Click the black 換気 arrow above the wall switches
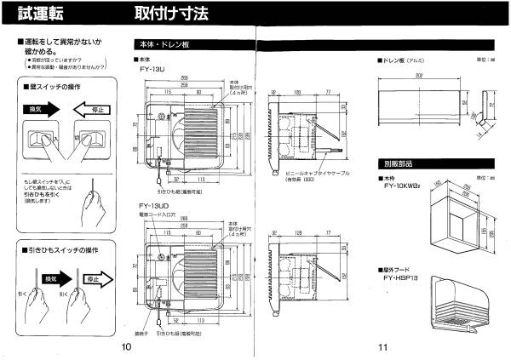click(42, 108)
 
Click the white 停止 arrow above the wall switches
click(94, 108)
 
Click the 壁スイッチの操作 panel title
click(60, 88)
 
